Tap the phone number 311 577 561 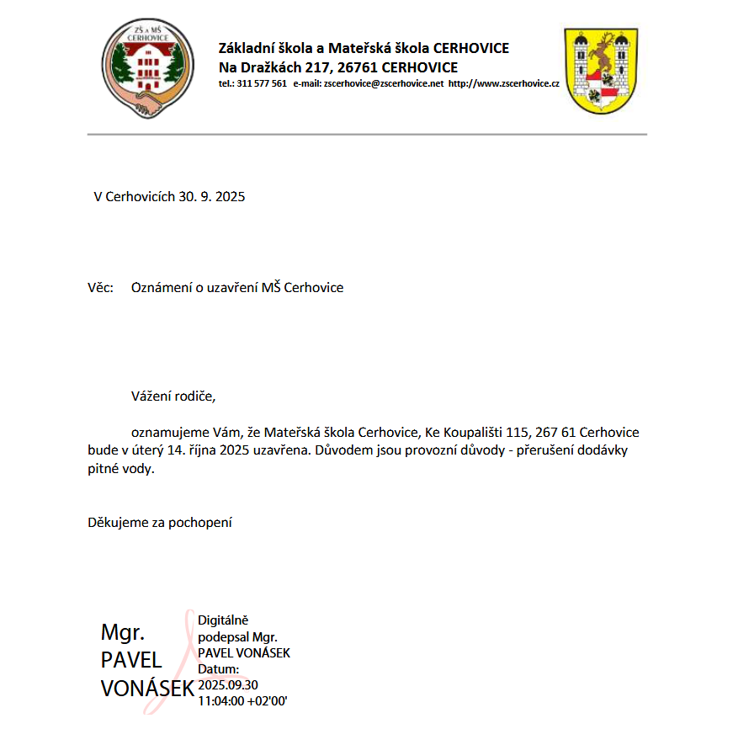click(263, 84)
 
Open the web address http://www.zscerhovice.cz click(504, 84)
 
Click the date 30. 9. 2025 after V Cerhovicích click(211, 197)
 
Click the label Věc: click(100, 288)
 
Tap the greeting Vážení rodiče click(178, 395)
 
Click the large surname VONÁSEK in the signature click(147, 689)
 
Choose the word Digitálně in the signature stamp click(223, 620)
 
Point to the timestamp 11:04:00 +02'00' click(243, 700)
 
